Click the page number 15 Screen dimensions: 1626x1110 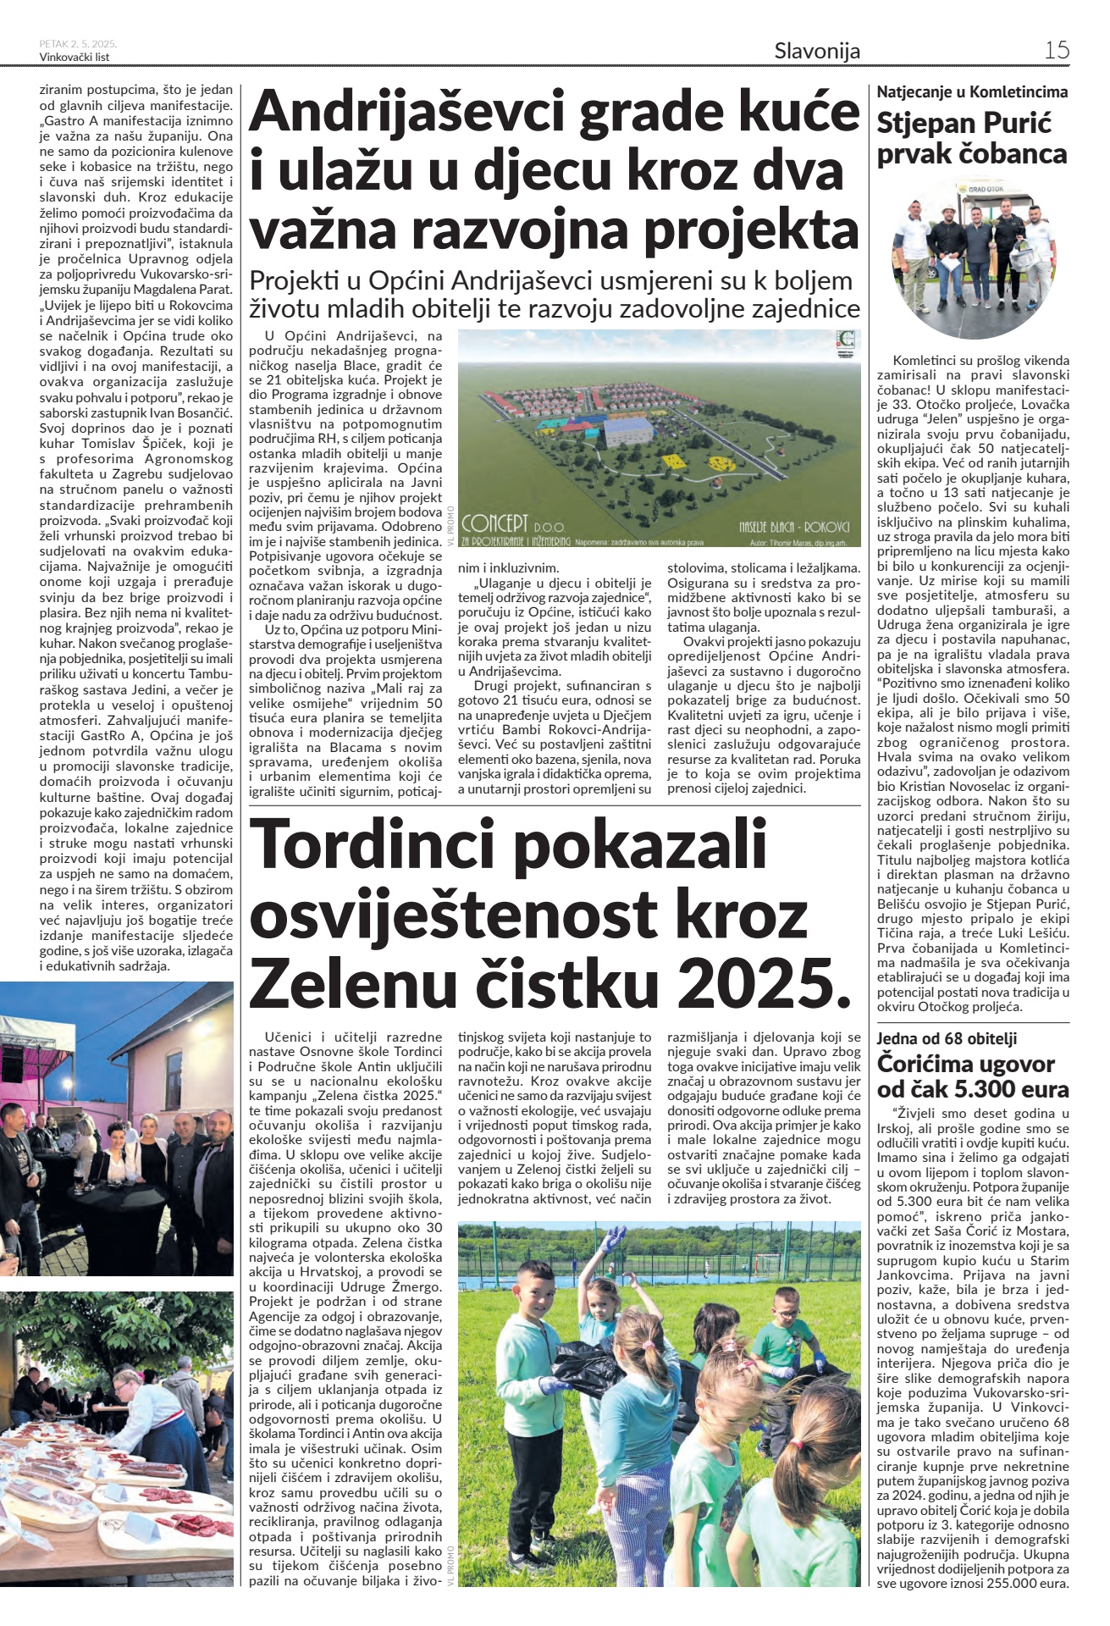click(1056, 50)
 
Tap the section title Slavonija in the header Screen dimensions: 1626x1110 click(816, 51)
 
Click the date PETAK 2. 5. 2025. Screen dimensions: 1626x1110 click(78, 43)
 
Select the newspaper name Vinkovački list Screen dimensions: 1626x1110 click(75, 57)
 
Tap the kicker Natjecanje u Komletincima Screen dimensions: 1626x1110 click(972, 91)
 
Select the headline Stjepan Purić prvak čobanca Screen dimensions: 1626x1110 click(971, 139)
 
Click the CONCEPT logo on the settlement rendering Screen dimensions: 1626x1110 click(496, 522)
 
